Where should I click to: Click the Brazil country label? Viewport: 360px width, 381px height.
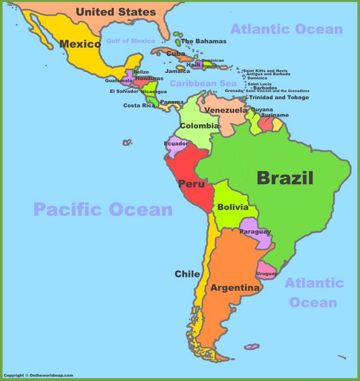285,178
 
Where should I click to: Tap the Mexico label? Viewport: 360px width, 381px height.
80,45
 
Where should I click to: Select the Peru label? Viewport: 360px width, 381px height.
191,184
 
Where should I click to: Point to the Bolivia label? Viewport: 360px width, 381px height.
232,207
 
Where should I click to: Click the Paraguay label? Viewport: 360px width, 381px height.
255,232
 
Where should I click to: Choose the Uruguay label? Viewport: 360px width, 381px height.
266,274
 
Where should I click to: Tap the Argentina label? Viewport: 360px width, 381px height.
235,288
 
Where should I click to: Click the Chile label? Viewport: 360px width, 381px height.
187,274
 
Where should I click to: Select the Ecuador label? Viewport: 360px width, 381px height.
176,144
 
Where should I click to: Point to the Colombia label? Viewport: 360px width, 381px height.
199,126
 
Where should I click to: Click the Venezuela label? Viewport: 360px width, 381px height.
226,111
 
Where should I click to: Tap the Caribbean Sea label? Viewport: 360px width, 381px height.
203,83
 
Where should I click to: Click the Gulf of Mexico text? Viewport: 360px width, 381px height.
131,41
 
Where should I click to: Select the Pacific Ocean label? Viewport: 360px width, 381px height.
103,210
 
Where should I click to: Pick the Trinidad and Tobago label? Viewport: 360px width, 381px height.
278,98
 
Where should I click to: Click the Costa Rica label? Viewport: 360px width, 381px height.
139,105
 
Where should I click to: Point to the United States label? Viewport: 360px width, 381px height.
116,12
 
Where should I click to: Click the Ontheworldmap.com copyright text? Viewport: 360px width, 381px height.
38,375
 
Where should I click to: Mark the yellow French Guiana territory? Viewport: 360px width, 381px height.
277,125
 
